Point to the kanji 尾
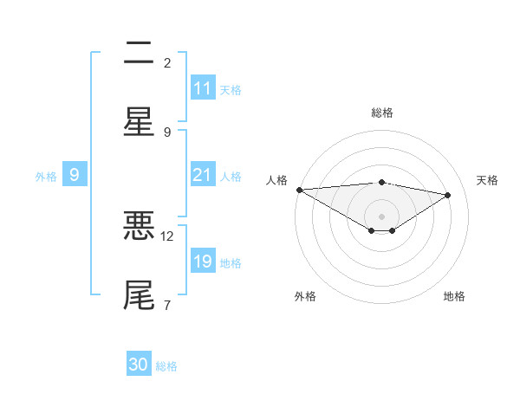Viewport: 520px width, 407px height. pyautogui.click(x=139, y=294)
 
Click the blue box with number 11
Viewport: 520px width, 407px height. pyautogui.click(x=203, y=88)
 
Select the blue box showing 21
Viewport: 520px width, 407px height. pyautogui.click(x=203, y=175)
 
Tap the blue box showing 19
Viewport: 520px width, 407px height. pyautogui.click(x=203, y=262)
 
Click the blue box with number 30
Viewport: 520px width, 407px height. pyautogui.click(x=139, y=365)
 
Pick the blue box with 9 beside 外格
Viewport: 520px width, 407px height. pyautogui.click(x=75, y=175)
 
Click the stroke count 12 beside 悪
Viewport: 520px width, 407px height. pyautogui.click(x=167, y=236)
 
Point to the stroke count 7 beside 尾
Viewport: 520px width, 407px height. pyautogui.click(x=166, y=304)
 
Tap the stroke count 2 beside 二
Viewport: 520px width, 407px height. pyautogui.click(x=166, y=62)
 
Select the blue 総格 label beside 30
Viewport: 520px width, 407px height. pyautogui.click(x=166, y=366)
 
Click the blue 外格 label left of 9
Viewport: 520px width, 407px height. pyautogui.click(x=46, y=177)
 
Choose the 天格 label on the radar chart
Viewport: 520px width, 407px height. pyautogui.click(x=487, y=180)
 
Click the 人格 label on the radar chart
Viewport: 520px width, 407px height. pyautogui.click(x=276, y=180)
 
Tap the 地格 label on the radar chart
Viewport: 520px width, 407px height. pyautogui.click(x=454, y=296)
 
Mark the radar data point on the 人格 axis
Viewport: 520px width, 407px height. pyautogui.click(x=299, y=190)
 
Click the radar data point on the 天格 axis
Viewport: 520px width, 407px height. pyautogui.click(x=448, y=195)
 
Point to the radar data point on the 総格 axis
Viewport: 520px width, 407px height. pyautogui.click(x=381, y=182)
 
